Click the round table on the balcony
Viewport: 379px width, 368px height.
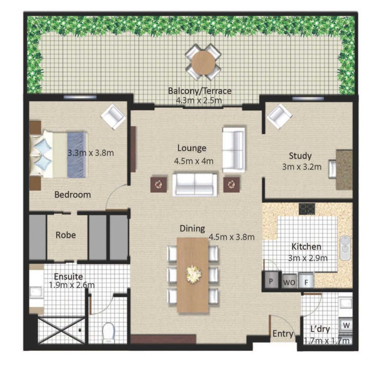(x=203, y=62)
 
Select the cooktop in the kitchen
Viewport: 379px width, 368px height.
(x=307, y=209)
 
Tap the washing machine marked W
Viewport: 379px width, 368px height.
(x=346, y=325)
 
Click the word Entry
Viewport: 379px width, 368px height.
(x=283, y=334)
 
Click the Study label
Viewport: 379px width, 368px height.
(x=300, y=156)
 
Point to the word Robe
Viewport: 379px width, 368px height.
(x=66, y=235)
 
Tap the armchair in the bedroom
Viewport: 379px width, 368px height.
(x=113, y=117)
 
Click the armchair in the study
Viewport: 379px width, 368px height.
(x=279, y=116)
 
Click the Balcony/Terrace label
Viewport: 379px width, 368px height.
(x=200, y=91)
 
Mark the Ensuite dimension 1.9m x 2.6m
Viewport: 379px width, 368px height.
(x=72, y=285)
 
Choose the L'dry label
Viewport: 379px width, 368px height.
(x=319, y=329)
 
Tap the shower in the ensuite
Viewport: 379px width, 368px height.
(x=61, y=330)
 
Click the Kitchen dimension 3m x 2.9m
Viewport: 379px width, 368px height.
(x=307, y=258)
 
